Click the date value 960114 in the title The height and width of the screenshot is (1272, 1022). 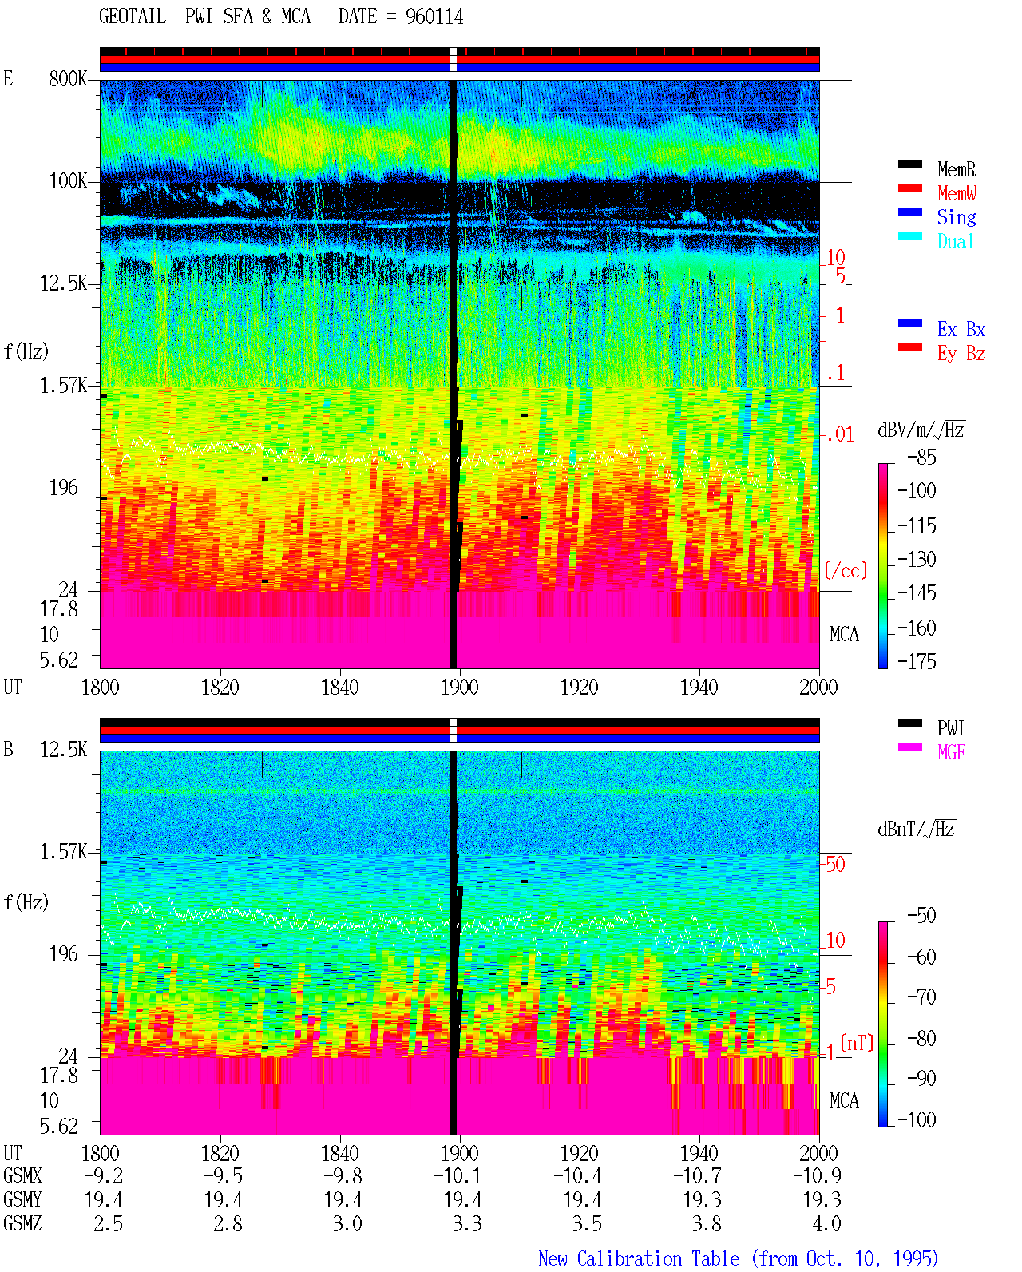[434, 17]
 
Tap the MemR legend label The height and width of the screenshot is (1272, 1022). [956, 169]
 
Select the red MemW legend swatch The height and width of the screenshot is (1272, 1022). [909, 188]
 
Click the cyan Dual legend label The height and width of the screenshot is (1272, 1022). [955, 241]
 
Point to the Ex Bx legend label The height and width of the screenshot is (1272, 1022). [961, 329]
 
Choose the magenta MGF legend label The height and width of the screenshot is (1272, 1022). [951, 752]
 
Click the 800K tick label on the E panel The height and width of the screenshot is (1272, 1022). [67, 78]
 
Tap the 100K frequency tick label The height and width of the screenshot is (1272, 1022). [67, 181]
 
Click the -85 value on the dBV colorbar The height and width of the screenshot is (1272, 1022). [921, 457]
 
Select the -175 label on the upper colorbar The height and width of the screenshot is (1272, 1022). [917, 661]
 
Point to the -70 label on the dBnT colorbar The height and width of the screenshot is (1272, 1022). [921, 997]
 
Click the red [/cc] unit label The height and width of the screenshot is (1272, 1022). [846, 570]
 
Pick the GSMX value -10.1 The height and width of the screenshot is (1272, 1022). [458, 1175]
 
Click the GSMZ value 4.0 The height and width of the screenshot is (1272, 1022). [826, 1223]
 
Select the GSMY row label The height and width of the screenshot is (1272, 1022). [22, 1199]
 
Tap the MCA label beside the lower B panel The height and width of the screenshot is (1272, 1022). [844, 1100]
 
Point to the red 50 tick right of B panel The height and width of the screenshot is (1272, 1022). [835, 864]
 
